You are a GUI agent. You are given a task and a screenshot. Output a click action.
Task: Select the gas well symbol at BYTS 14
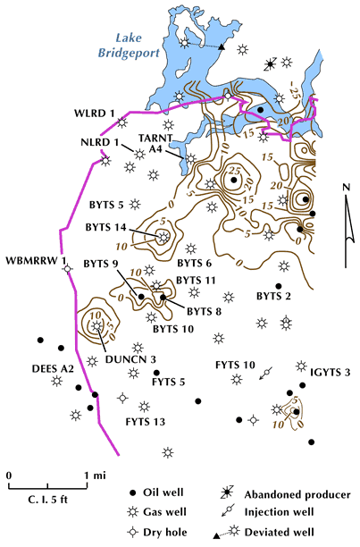pyautogui.click(x=163, y=238)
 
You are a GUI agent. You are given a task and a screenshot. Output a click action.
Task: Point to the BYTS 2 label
pyautogui.click(x=273, y=296)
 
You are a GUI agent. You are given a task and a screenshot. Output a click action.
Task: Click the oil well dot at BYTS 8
pyautogui.click(x=163, y=298)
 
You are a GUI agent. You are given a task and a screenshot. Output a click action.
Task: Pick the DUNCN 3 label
pyautogui.click(x=130, y=359)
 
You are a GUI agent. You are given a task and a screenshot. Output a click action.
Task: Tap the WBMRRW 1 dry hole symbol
pyautogui.click(x=68, y=269)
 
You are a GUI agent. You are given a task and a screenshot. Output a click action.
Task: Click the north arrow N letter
pyautogui.click(x=346, y=188)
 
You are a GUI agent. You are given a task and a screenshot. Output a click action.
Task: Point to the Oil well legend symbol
pyautogui.click(x=132, y=493)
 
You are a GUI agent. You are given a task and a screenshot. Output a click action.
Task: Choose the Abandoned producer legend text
pyautogui.click(x=297, y=494)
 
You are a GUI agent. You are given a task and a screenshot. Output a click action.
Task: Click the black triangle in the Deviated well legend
pyautogui.click(x=216, y=535)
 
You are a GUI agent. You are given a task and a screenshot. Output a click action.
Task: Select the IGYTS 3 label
pyautogui.click(x=330, y=373)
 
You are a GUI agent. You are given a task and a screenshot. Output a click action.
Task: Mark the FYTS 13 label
pyautogui.click(x=146, y=422)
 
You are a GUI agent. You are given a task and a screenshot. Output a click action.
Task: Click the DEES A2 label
pyautogui.click(x=53, y=369)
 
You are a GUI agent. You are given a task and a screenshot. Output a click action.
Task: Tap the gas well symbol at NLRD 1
pyautogui.click(x=139, y=154)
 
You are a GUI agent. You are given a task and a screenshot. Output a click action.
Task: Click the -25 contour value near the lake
pyautogui.click(x=292, y=92)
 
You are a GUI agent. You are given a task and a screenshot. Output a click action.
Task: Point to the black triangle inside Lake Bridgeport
pyautogui.click(x=221, y=46)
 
